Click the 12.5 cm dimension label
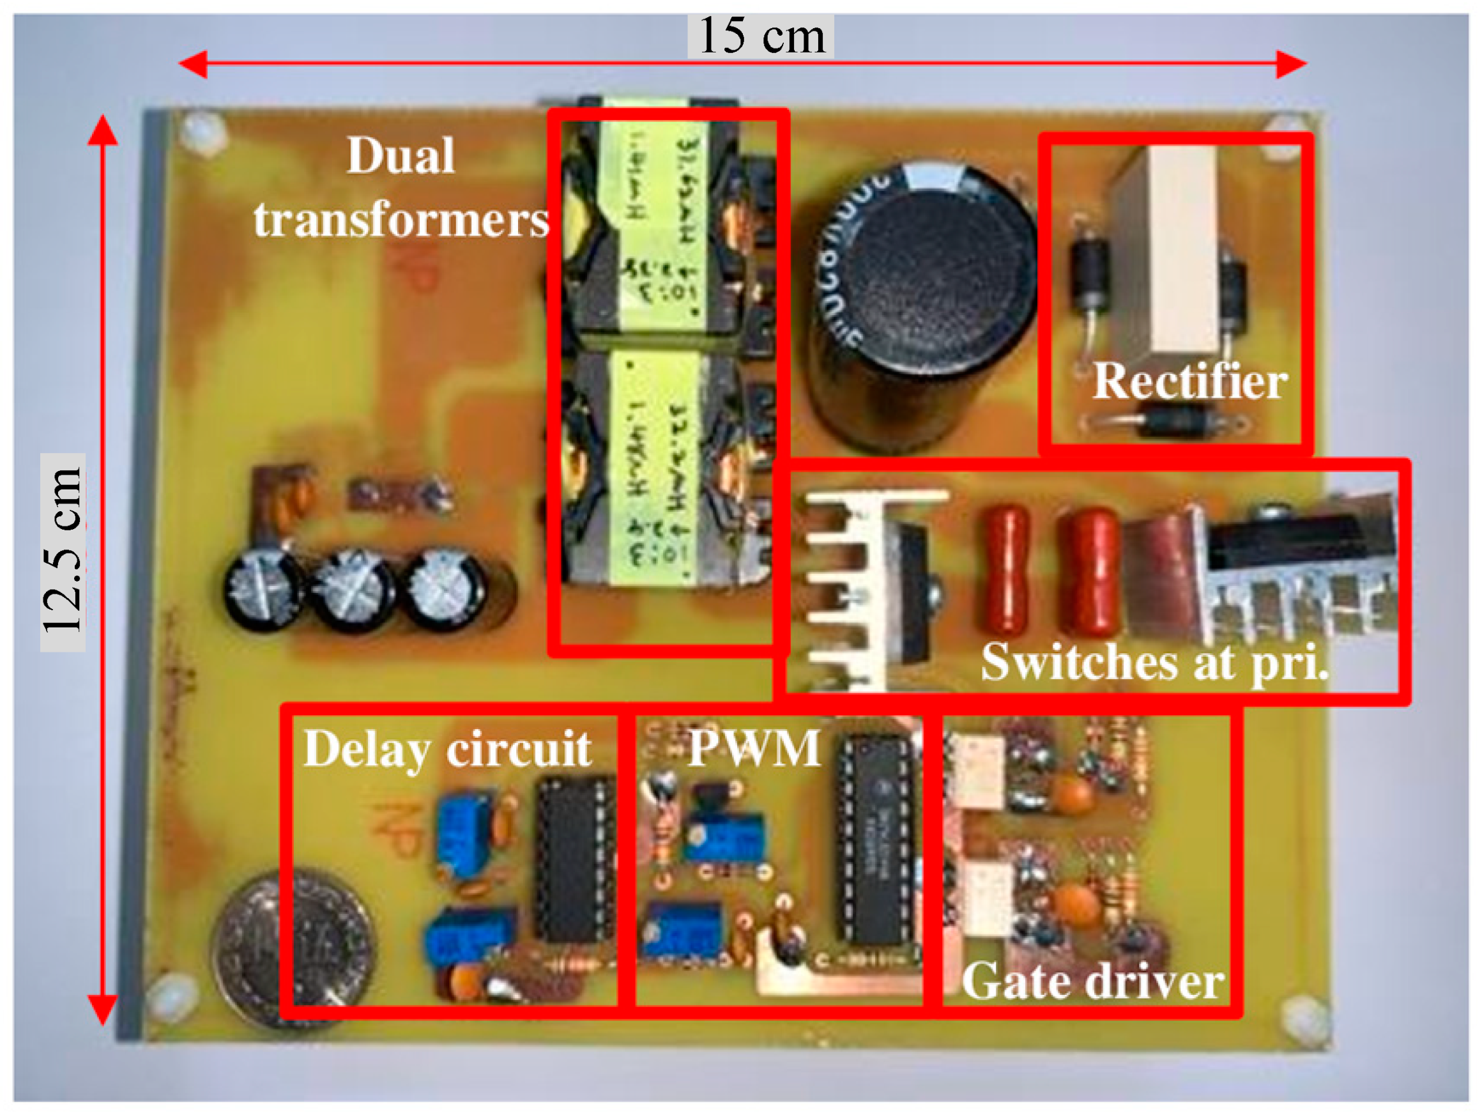pos(61,551)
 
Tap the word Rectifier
pos(1189,381)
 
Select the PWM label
pos(753,748)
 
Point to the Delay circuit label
pos(447,749)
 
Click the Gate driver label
pos(1093,982)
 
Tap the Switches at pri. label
pos(1154,662)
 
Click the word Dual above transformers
pos(401,155)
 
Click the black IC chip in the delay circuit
pos(573,859)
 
